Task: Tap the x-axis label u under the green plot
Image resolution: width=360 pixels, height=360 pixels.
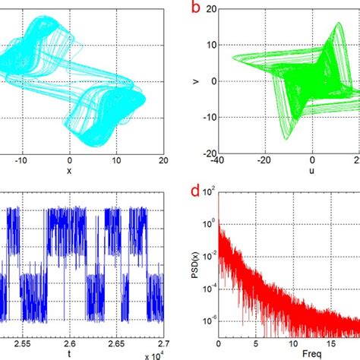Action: click(311, 173)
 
